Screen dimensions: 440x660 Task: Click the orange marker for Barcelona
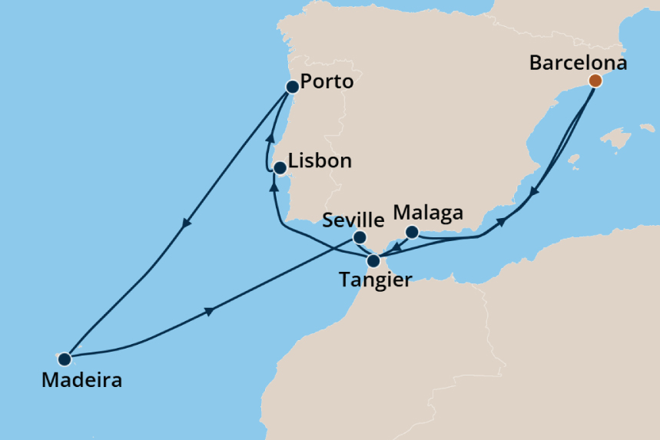pyautogui.click(x=595, y=80)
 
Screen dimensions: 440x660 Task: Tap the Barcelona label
pyautogui.click(x=578, y=63)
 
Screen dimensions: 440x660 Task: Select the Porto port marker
pyautogui.click(x=292, y=87)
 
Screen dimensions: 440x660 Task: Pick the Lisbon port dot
pyautogui.click(x=280, y=167)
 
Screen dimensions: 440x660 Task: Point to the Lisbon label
pyautogui.click(x=320, y=161)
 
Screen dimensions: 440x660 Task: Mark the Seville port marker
pyautogui.click(x=359, y=237)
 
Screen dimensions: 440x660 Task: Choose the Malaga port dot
pyautogui.click(x=412, y=232)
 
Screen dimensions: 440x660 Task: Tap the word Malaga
pyautogui.click(x=428, y=212)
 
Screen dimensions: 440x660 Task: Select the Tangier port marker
pyautogui.click(x=373, y=260)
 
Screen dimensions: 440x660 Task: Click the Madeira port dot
pyautogui.click(x=65, y=359)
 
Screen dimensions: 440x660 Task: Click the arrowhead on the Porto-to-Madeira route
pyautogui.click(x=185, y=225)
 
